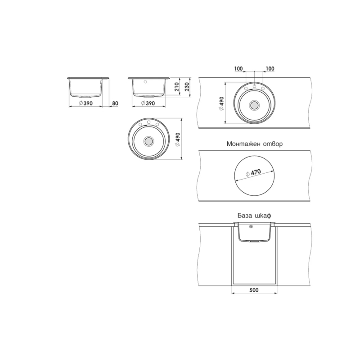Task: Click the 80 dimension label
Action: [x=115, y=103]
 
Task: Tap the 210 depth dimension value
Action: [x=176, y=87]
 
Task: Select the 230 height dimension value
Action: [x=187, y=87]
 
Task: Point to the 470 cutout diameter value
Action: [x=256, y=172]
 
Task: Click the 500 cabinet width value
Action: [x=254, y=290]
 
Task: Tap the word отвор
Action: [x=273, y=144]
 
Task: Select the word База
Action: [x=245, y=216]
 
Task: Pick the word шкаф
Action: [x=263, y=216]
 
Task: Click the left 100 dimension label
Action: [x=238, y=69]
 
